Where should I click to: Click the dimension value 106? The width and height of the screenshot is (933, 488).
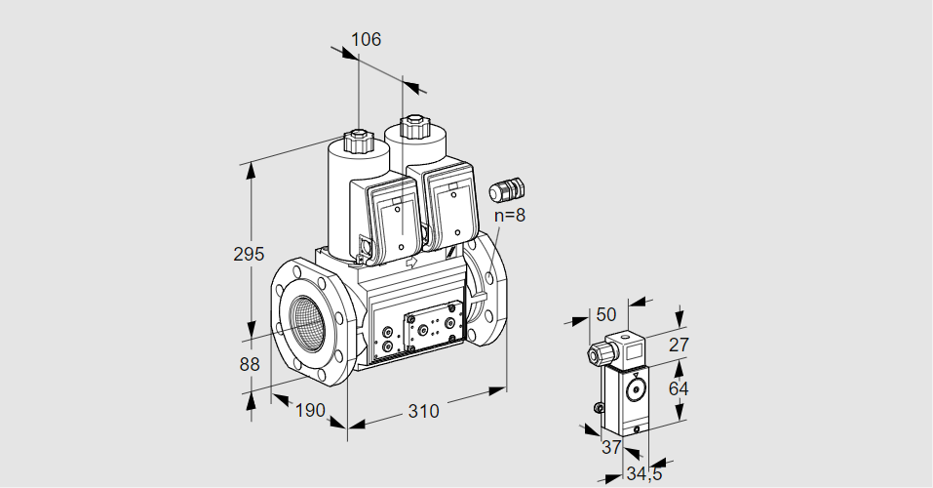(x=366, y=40)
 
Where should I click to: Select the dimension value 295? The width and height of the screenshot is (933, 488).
(x=250, y=254)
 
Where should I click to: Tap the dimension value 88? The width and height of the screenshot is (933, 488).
(x=250, y=364)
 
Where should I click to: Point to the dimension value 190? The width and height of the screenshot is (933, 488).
(x=309, y=411)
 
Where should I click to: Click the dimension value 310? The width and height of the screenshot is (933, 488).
(x=423, y=411)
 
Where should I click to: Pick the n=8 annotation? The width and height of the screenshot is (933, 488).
(x=509, y=215)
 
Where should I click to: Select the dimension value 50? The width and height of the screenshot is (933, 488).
(x=606, y=314)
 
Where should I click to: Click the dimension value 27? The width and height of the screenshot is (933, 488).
(x=680, y=344)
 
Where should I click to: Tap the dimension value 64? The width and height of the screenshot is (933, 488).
(x=680, y=388)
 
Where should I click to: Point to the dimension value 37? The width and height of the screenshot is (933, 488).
(x=610, y=447)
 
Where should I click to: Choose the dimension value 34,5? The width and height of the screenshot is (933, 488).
(x=642, y=475)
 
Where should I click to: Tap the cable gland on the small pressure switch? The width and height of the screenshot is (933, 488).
(x=596, y=352)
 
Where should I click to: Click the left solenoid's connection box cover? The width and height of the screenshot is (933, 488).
(x=394, y=224)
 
